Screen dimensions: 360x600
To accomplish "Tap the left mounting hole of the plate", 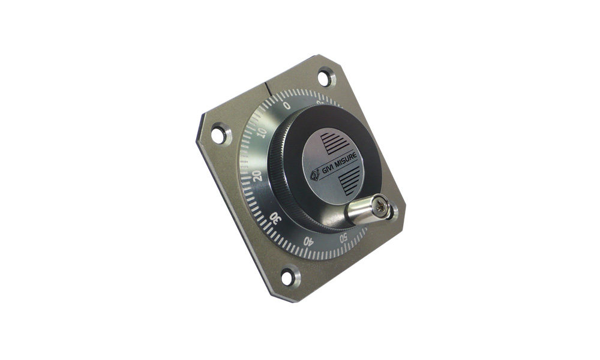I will [219, 134].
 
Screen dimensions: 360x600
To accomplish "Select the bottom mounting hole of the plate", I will [289, 277].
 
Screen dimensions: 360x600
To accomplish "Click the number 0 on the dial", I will [287, 105].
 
